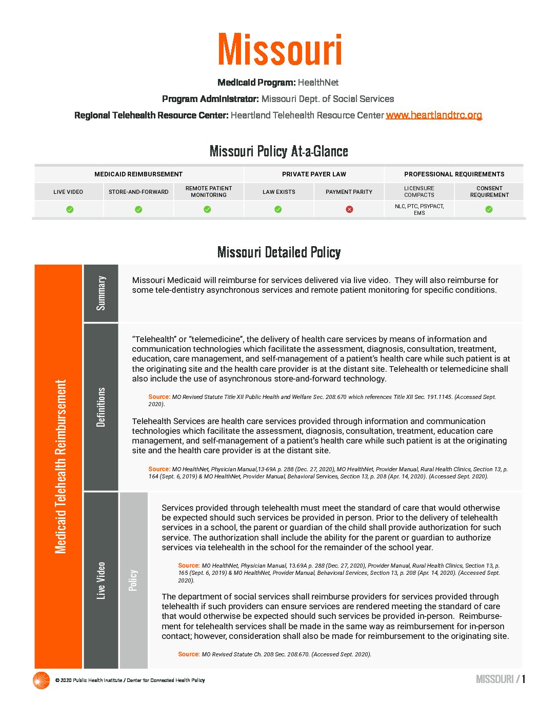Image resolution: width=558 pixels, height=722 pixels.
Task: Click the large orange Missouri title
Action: (x=280, y=50)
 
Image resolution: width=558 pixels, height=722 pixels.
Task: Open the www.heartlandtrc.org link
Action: (x=434, y=115)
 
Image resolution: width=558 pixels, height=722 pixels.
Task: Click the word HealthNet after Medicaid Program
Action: (x=318, y=83)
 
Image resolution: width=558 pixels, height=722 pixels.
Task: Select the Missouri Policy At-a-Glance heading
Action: (x=279, y=151)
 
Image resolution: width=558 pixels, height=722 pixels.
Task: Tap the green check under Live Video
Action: (x=70, y=209)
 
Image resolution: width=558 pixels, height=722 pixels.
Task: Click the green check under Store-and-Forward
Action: (x=138, y=209)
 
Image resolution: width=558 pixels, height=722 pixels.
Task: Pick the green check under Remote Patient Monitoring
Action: (x=207, y=209)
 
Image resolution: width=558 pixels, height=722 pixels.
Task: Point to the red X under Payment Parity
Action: (x=349, y=209)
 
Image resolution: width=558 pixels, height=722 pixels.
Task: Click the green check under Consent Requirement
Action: (x=489, y=209)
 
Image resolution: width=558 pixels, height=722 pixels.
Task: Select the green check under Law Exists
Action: (x=278, y=209)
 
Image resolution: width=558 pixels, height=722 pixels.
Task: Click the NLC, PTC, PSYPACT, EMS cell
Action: (x=420, y=209)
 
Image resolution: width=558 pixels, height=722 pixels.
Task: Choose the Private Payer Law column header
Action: (x=314, y=174)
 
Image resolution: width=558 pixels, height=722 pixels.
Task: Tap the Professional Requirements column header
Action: (x=454, y=174)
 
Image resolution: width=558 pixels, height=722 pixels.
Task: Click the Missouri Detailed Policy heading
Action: (x=279, y=252)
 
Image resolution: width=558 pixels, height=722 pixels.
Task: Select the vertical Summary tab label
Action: (x=101, y=293)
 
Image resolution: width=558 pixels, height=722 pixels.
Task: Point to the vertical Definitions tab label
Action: (x=101, y=407)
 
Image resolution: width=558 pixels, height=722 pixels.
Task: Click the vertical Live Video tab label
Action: (x=101, y=580)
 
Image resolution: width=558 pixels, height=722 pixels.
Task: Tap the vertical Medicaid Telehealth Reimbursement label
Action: (x=61, y=467)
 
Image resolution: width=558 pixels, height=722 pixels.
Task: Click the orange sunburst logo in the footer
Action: (x=41, y=680)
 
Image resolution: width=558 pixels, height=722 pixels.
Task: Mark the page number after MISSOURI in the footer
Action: (x=524, y=679)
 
